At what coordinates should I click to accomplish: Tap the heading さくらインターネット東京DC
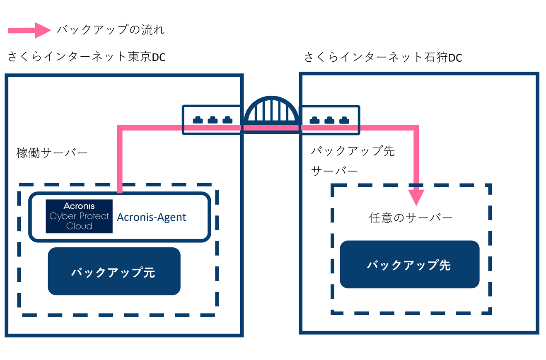pos(87,57)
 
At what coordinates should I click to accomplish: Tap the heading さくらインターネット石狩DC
pos(383,57)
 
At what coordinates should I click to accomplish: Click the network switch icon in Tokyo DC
pos(212,120)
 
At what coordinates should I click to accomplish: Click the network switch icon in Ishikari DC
pos(329,120)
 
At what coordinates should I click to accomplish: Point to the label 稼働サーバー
pos(52,153)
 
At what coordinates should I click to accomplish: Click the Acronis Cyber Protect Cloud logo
pos(79,216)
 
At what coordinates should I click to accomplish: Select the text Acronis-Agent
pos(152,217)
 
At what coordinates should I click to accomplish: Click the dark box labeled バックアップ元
pos(114,271)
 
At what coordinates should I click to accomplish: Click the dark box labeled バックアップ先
pos(409,264)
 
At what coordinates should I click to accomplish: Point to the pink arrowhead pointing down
pos(416,197)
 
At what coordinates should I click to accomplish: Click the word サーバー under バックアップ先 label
pos(334,170)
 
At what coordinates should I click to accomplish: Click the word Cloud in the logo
pos(79,226)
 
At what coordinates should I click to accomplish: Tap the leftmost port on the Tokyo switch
pos(198,120)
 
